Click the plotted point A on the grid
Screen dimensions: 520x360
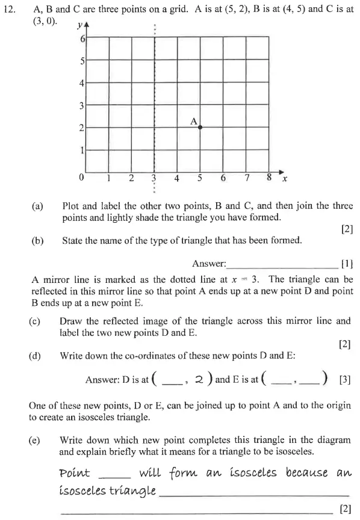click(200, 127)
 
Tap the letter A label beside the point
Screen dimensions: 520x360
click(194, 121)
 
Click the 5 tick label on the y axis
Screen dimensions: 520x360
click(82, 61)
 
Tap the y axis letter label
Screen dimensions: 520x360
click(81, 27)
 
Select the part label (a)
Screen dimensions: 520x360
click(37, 206)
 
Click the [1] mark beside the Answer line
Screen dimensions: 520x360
click(346, 263)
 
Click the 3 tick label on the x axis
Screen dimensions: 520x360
click(154, 178)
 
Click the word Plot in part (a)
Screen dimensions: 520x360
click(71, 206)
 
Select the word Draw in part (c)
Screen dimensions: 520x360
click(71, 321)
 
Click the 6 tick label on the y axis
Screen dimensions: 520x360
click(82, 39)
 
